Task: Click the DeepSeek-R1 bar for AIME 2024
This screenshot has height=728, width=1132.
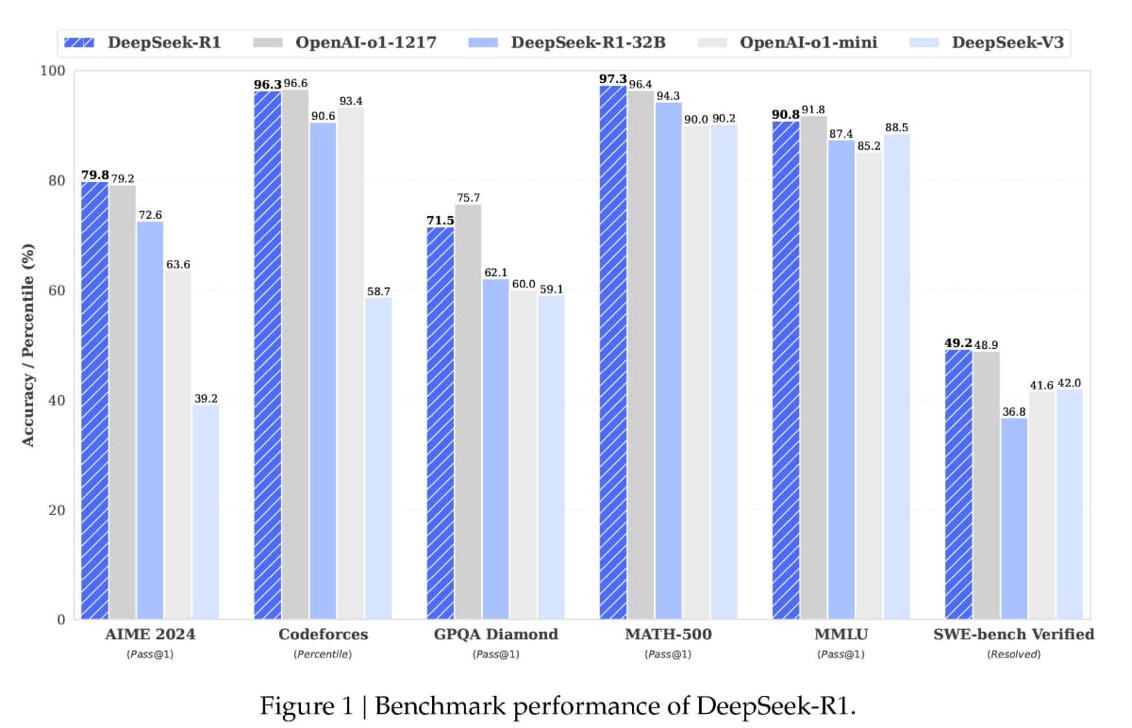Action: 94,401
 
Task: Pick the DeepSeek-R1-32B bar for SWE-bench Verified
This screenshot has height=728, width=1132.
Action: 1014,519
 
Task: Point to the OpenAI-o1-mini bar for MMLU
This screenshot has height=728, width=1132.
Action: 869,386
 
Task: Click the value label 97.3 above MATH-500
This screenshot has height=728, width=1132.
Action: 613,78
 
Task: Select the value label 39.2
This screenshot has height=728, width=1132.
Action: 205,399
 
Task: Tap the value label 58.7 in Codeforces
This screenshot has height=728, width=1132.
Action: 377,292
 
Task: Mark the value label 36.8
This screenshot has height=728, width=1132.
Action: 1014,411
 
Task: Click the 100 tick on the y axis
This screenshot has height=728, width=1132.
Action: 54,72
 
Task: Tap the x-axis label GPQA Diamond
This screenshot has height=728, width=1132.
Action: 495,635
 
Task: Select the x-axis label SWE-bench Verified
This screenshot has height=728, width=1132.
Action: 1014,635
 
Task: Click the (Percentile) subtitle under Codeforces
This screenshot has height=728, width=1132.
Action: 323,654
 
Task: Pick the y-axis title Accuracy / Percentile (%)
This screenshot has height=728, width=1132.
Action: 28,344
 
